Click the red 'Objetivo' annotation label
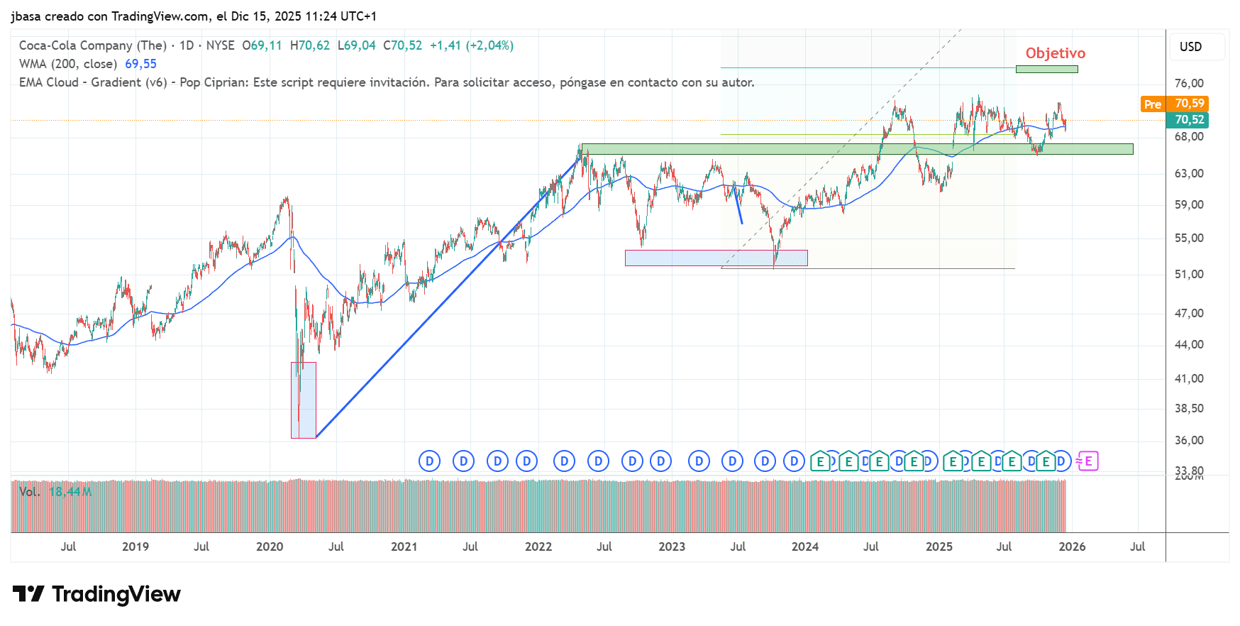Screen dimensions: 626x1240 (x=1055, y=53)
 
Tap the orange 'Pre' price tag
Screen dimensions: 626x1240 (x=1152, y=104)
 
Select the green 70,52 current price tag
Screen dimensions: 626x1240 (x=1189, y=120)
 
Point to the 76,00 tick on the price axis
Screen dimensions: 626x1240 (x=1189, y=83)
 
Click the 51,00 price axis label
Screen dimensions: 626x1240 (x=1189, y=274)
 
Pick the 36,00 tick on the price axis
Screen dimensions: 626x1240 (x=1189, y=440)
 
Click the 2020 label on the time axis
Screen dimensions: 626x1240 (x=269, y=547)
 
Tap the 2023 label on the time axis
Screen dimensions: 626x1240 (x=671, y=547)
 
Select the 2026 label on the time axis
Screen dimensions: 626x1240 (x=1072, y=547)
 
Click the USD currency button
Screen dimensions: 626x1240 (x=1190, y=47)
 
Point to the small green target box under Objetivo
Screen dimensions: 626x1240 (x=1046, y=69)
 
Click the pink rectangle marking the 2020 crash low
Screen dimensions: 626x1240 (x=304, y=400)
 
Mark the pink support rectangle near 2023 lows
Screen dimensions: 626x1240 (x=716, y=258)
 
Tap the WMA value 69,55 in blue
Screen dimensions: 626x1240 (x=140, y=64)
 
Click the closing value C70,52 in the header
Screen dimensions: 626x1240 (x=402, y=45)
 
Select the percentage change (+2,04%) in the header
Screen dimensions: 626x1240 (x=489, y=45)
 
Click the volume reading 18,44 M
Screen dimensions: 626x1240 (x=70, y=492)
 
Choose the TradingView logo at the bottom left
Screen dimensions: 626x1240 (x=96, y=594)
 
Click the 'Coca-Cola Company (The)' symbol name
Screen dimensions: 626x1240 (x=92, y=45)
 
